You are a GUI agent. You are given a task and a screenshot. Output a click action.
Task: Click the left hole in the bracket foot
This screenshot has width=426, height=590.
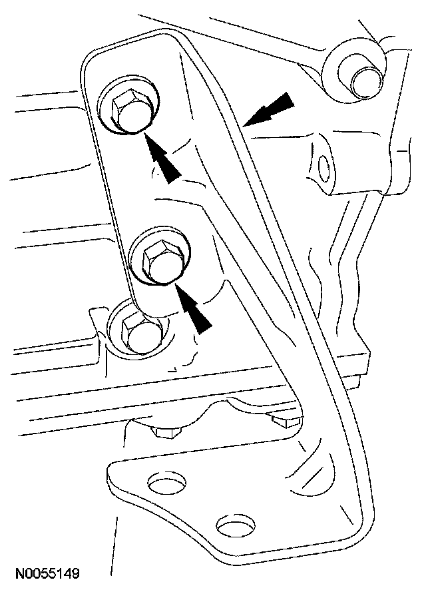(x=162, y=480)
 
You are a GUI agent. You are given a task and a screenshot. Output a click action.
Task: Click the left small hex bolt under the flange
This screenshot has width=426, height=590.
(x=165, y=431)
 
